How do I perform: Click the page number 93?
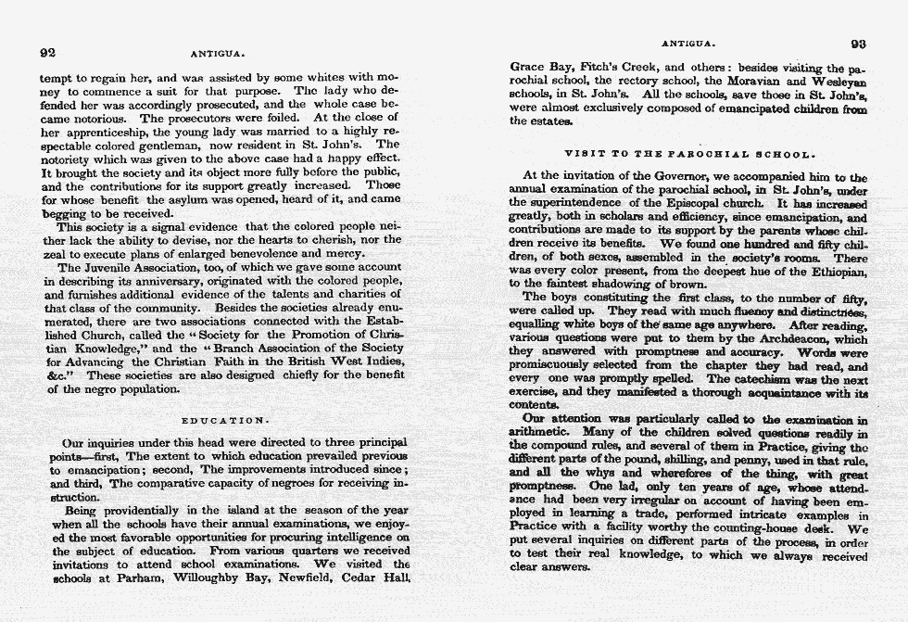point(858,43)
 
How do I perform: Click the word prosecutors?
point(172,119)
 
